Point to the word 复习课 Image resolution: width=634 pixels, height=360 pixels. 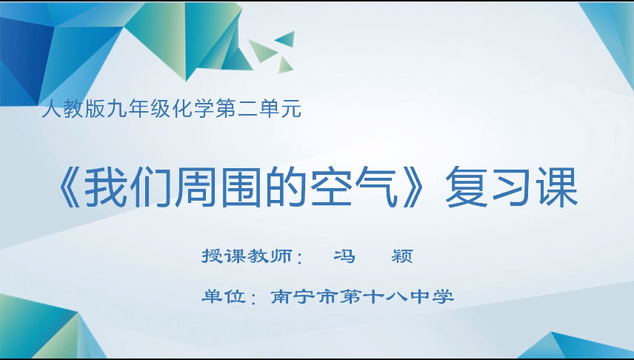pyautogui.click(x=511, y=190)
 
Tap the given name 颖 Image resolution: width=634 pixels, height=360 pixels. pyautogui.click(x=401, y=257)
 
